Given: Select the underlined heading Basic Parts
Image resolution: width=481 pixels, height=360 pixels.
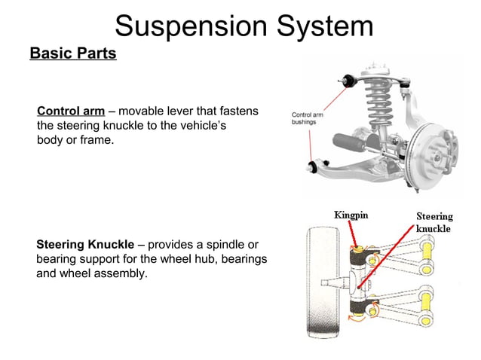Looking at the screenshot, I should [72, 54].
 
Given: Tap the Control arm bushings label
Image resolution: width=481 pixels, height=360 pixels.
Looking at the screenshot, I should [307, 118].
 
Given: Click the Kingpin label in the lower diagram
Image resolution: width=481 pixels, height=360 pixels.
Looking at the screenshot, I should [351, 215].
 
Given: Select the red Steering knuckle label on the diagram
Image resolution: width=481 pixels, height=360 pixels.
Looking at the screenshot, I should [434, 222].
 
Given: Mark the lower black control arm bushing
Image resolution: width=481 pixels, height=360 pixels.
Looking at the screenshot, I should [314, 163].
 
